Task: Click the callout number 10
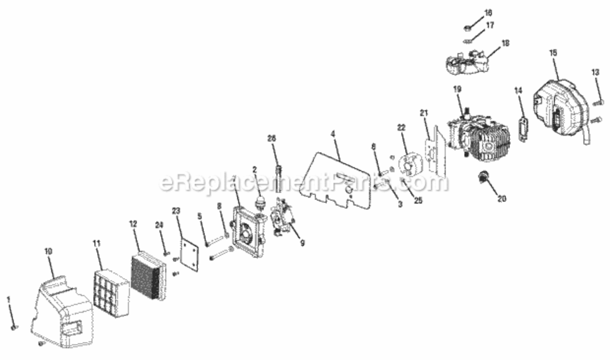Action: pos(49,251)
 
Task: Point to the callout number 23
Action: pos(176,210)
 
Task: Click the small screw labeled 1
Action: pos(14,327)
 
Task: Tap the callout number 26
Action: pos(272,138)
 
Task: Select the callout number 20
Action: pos(502,198)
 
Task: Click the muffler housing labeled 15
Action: pos(557,110)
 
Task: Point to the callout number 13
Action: pos(596,72)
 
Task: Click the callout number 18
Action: pos(505,43)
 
